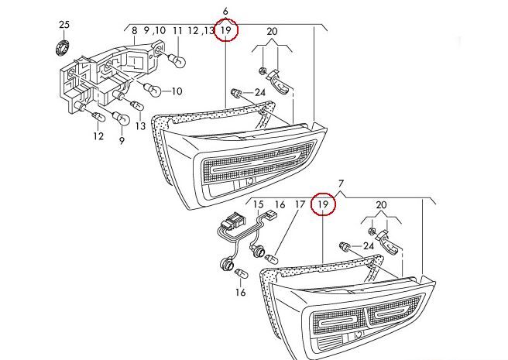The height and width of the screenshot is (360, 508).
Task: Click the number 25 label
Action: tap(63, 25)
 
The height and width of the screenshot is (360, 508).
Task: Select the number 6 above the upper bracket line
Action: tap(225, 11)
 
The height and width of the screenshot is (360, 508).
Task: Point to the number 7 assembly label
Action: tap(340, 183)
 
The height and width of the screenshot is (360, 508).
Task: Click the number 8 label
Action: tap(134, 30)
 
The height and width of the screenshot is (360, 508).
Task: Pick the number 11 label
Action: tap(177, 30)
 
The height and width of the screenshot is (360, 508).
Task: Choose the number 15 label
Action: tap(259, 205)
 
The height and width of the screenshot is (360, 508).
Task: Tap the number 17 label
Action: tap(299, 205)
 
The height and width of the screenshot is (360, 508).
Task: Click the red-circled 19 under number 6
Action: tap(226, 31)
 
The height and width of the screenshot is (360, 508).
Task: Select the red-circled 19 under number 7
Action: tap(324, 205)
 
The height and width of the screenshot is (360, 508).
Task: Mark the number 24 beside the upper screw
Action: tap(259, 93)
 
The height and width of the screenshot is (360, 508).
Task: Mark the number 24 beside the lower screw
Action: tap(369, 246)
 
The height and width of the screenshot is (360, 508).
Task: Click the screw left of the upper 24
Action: tap(237, 94)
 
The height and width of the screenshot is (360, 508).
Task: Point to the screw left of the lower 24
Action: tap(345, 247)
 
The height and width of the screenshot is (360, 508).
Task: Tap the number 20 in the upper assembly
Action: tap(271, 31)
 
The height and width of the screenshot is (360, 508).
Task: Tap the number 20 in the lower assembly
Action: tap(380, 205)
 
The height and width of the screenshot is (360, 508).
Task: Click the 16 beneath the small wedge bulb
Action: tap(240, 293)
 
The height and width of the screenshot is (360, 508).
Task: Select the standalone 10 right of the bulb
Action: tap(176, 91)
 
